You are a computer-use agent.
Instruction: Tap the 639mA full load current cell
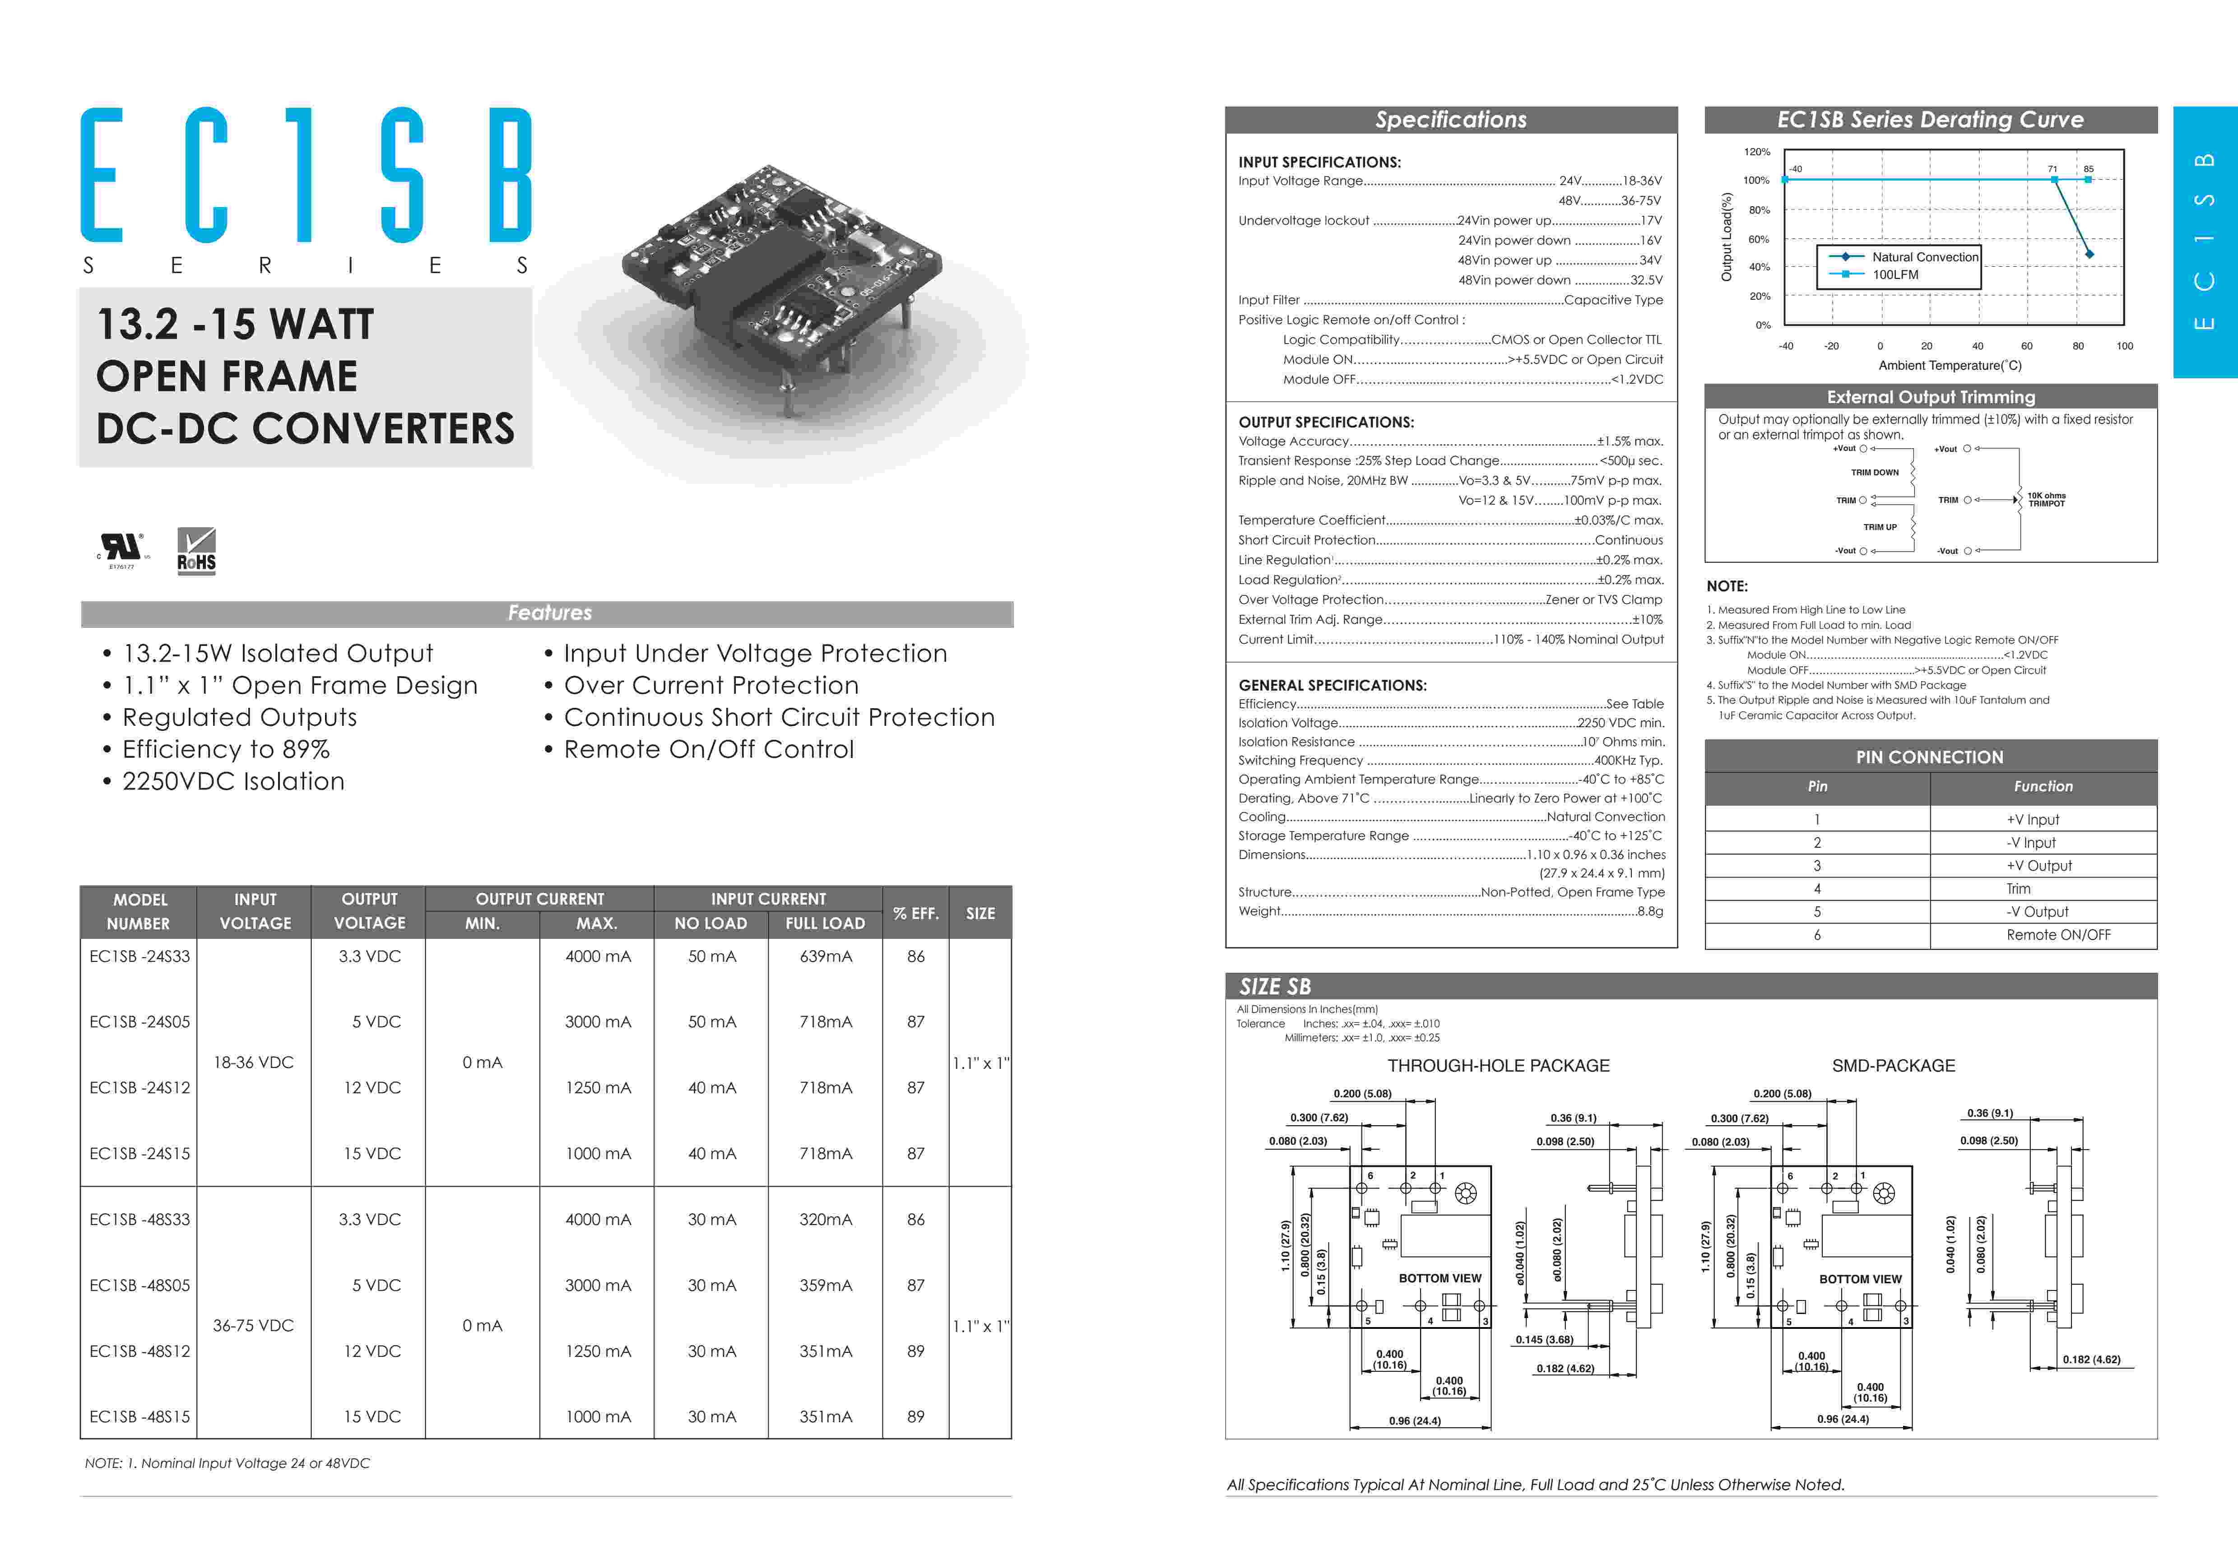pyautogui.click(x=825, y=956)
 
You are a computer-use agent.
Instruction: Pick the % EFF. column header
pyautogui.click(x=915, y=913)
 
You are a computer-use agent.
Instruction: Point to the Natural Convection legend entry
pyautogui.click(x=1924, y=257)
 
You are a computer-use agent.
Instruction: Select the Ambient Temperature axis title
pyautogui.click(x=1950, y=365)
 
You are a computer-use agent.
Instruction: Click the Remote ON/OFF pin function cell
pyautogui.click(x=2058, y=935)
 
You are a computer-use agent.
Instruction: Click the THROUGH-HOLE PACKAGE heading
pyautogui.click(x=1498, y=1066)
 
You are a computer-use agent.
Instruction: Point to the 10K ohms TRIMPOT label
pyautogui.click(x=2046, y=499)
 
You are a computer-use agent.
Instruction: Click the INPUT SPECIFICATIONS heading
pyautogui.click(x=1319, y=162)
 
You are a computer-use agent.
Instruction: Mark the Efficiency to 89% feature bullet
pyautogui.click(x=226, y=750)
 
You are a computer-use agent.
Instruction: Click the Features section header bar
pyautogui.click(x=547, y=613)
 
